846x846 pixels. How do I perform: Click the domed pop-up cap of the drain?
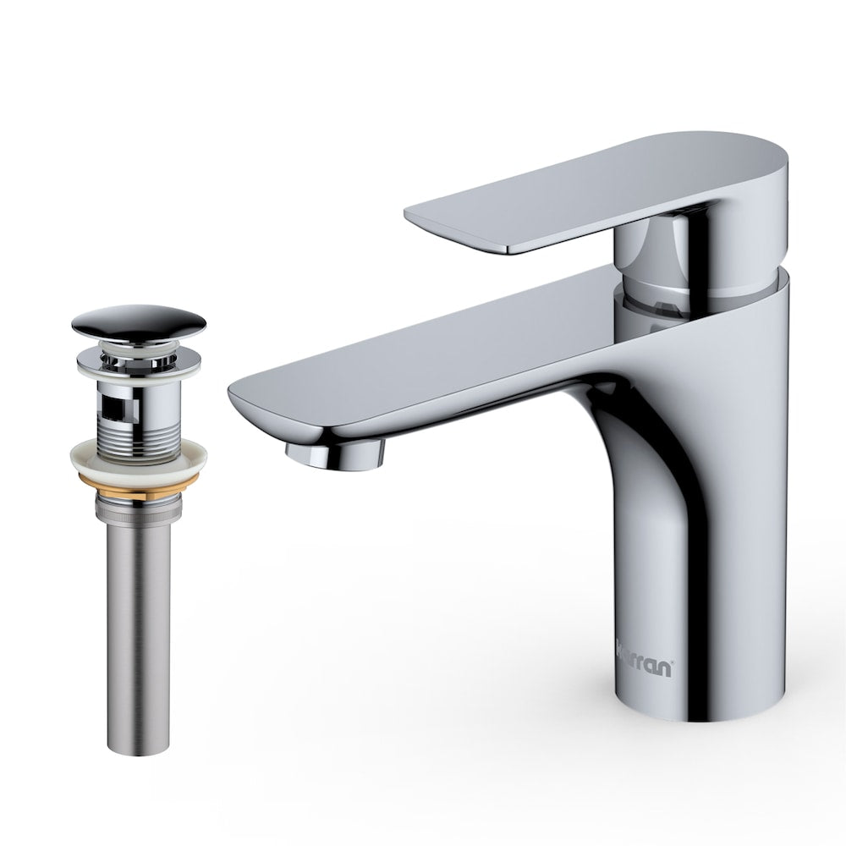pyautogui.click(x=138, y=322)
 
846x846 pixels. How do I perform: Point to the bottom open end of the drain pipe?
pyautogui.click(x=138, y=742)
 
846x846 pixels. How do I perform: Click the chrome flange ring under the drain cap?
pyautogui.click(x=138, y=355)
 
